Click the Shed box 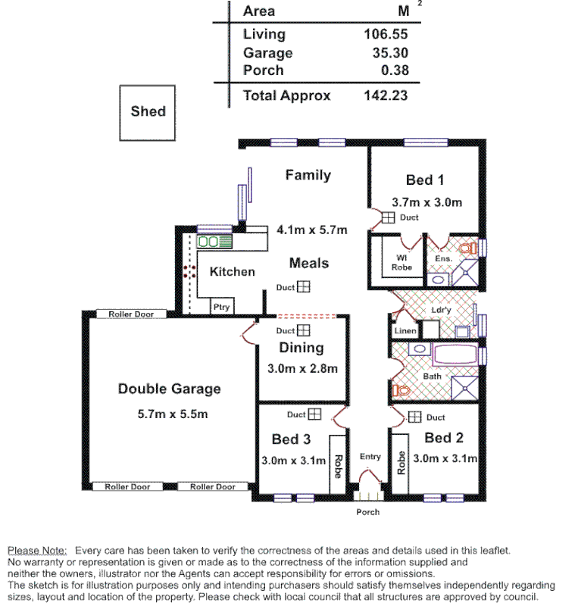148,111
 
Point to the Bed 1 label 424,180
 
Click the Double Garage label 169,389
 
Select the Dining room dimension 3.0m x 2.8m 302,369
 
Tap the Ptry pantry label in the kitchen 221,307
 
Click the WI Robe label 401,262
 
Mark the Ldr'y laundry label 441,311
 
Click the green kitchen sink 209,242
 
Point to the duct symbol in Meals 303,287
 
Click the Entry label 370,457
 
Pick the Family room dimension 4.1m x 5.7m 311,230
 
